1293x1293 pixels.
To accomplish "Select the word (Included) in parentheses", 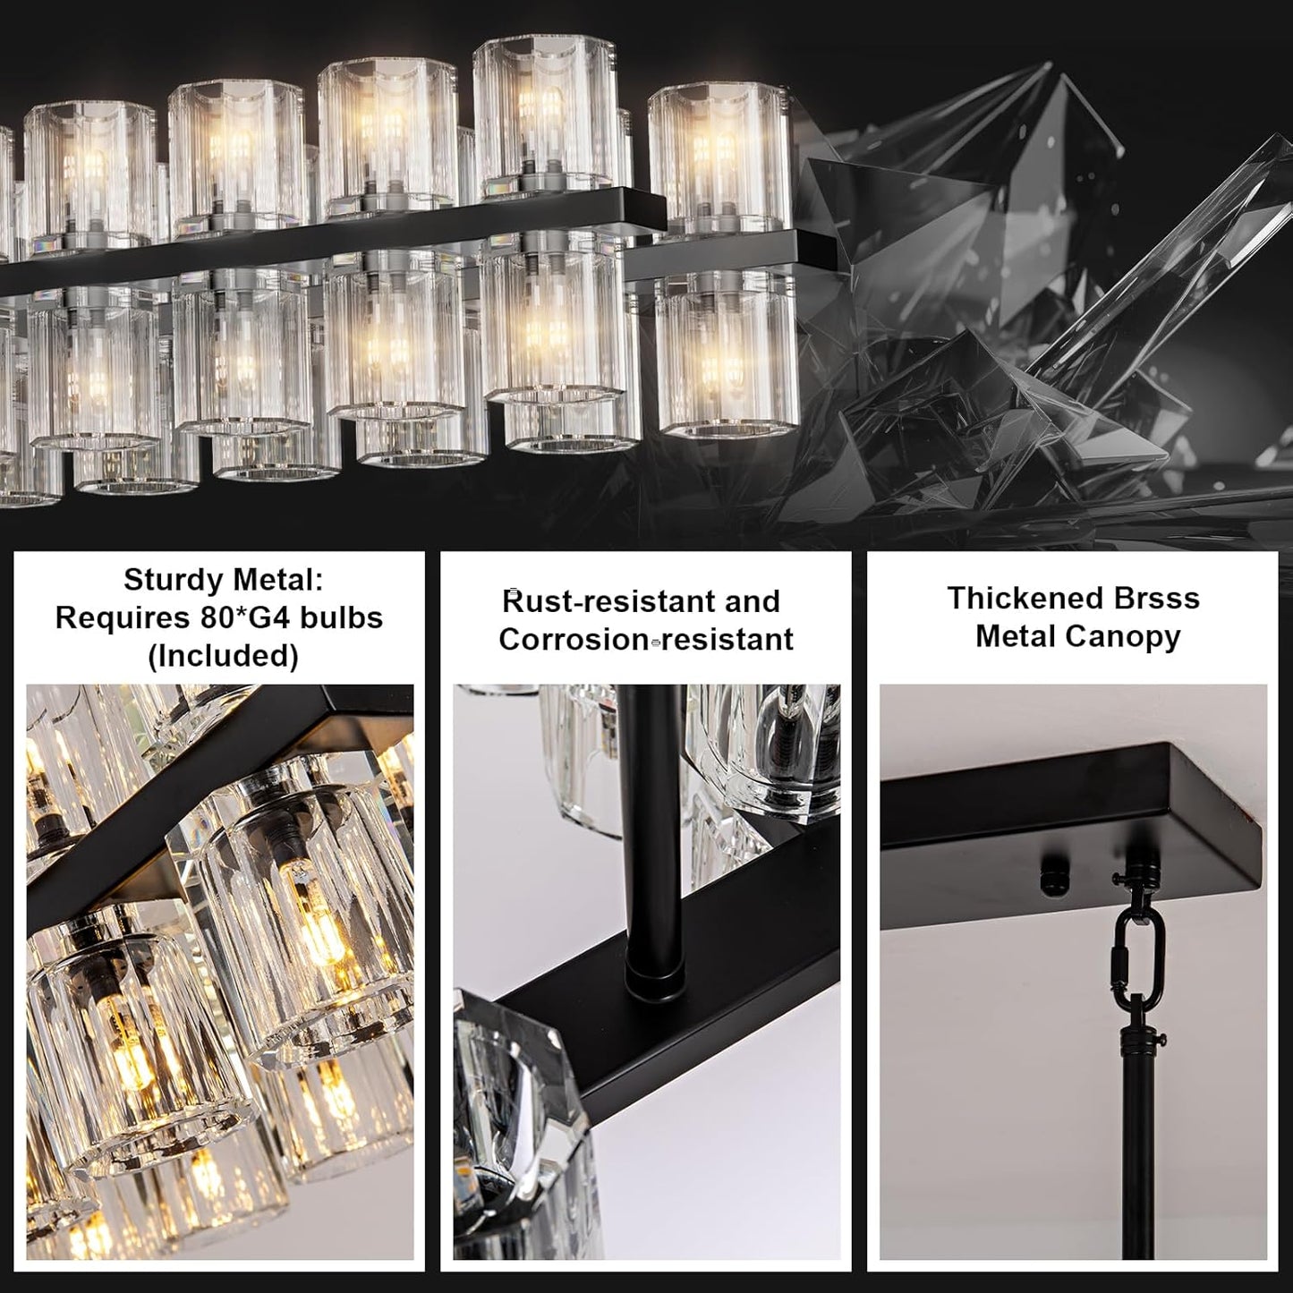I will click(222, 656).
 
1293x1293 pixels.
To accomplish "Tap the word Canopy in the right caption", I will click(1129, 636).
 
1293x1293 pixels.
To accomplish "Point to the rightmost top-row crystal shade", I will click(719, 157).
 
